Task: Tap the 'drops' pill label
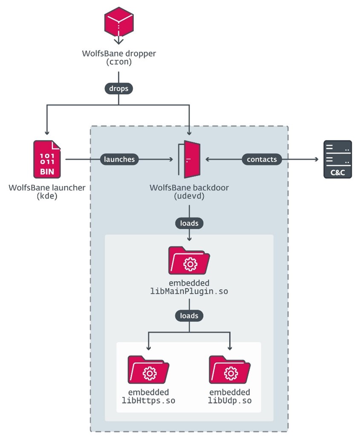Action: click(x=119, y=89)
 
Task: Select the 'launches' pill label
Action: click(x=119, y=159)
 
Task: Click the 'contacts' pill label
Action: click(x=262, y=159)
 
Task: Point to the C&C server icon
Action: click(x=337, y=159)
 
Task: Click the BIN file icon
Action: click(x=47, y=159)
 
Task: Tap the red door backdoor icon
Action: click(x=189, y=159)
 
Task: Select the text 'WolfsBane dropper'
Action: click(x=119, y=54)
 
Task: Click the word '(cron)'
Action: click(x=119, y=62)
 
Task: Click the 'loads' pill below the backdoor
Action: click(x=189, y=223)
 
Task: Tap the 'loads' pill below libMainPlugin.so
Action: click(x=189, y=316)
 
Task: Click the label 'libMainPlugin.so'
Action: click(x=189, y=291)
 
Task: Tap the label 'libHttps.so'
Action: click(x=148, y=401)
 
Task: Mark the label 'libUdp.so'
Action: click(x=230, y=401)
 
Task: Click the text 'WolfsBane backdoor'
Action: click(x=189, y=188)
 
